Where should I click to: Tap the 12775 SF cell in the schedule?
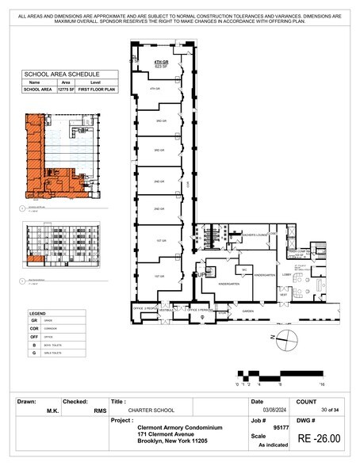pos(66,90)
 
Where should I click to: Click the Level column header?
pos(97,82)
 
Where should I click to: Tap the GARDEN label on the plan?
pos(247,311)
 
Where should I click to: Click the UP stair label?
pos(201,274)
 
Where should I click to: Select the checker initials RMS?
pos(100,410)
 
